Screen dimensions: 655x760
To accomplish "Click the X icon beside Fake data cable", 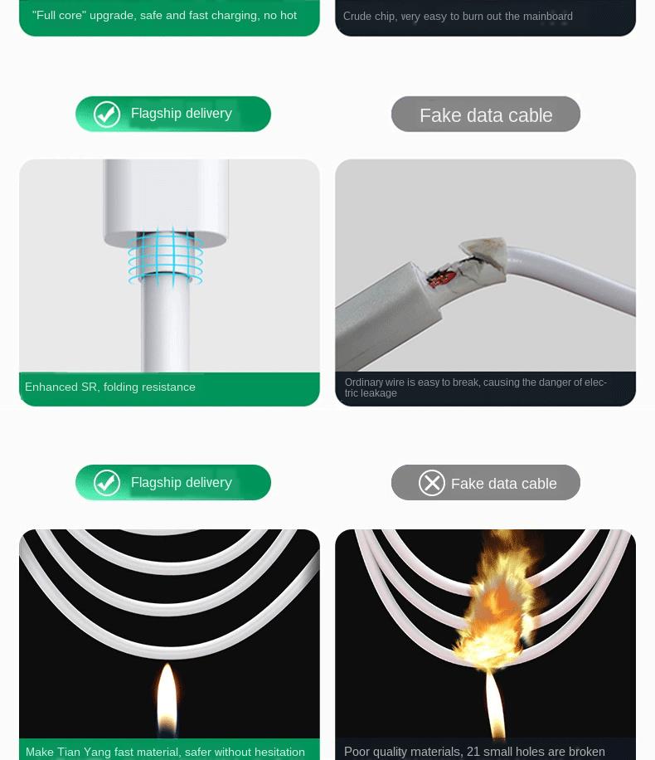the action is (432, 483).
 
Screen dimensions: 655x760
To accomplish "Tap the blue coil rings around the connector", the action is (166, 256).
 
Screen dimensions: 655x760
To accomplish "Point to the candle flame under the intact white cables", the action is (167, 698).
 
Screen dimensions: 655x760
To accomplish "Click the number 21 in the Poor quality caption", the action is (473, 752).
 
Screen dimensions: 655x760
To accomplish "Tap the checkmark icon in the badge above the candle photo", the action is (107, 483).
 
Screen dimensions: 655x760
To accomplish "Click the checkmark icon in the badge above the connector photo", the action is (107, 114).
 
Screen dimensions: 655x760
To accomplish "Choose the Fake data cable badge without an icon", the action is (485, 114).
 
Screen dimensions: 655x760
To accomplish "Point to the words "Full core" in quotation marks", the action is (59, 16).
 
